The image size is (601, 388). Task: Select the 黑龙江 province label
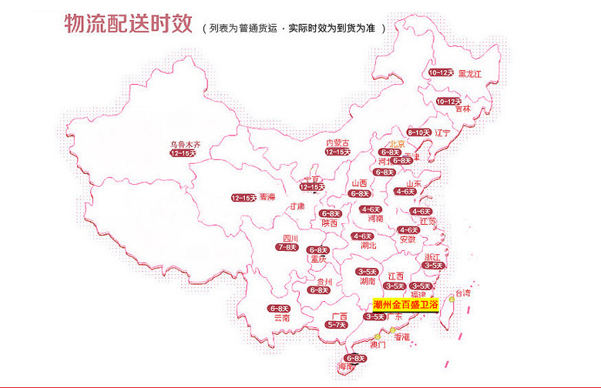(x=469, y=74)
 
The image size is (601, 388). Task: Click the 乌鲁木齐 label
(x=185, y=144)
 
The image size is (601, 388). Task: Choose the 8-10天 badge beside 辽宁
(x=418, y=132)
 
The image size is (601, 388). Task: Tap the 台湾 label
(x=461, y=293)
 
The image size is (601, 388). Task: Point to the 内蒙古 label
(x=337, y=142)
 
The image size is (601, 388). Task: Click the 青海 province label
(x=267, y=196)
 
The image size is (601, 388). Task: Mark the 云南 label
(x=281, y=317)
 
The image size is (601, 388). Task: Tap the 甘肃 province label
(x=297, y=206)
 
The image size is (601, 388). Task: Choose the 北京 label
(x=396, y=143)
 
